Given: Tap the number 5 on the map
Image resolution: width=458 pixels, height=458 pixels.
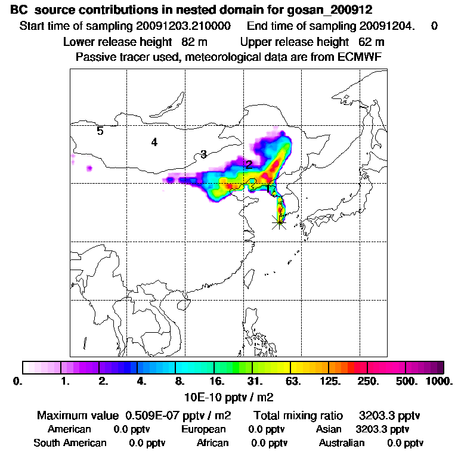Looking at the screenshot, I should (100, 131).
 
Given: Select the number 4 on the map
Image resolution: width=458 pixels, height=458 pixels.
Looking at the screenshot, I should (154, 142).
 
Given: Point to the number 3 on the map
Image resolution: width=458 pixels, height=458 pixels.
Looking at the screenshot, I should (203, 154).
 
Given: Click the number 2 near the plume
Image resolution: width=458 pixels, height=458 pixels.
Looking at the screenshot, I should (249, 165).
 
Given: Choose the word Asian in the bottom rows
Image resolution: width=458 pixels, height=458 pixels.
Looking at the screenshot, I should (329, 429).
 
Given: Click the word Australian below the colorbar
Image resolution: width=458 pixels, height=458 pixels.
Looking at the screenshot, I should (342, 442).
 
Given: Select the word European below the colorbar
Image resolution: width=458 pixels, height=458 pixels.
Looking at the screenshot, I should (203, 429).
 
